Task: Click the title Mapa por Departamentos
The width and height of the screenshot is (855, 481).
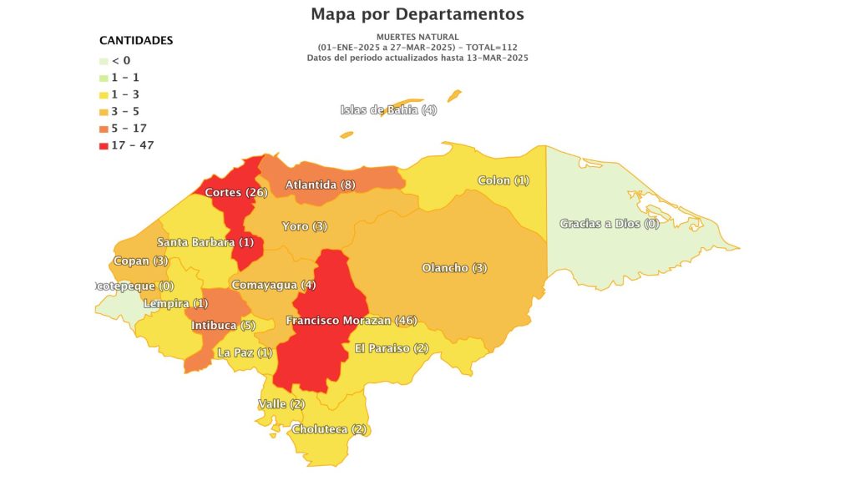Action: [x=417, y=14]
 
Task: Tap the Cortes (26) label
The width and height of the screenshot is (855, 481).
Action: [x=235, y=193]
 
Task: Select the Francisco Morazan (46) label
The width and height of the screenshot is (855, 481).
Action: [x=351, y=321]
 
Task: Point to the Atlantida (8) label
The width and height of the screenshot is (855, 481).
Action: [x=321, y=185]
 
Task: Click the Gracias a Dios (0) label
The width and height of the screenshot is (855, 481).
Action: [x=609, y=224]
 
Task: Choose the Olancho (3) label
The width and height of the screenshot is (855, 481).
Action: [x=454, y=268]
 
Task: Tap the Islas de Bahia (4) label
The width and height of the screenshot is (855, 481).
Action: [x=388, y=110]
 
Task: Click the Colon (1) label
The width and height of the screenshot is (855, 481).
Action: [x=503, y=180]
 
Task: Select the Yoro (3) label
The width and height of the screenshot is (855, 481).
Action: [x=304, y=226]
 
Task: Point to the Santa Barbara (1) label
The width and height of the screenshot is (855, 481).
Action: [x=205, y=242]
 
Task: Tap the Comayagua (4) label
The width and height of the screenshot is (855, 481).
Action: [x=273, y=285]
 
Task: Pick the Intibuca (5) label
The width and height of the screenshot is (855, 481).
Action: [x=223, y=325]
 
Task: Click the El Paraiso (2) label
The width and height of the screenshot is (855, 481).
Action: [x=392, y=347]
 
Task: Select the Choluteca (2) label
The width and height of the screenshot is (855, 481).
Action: [x=329, y=429]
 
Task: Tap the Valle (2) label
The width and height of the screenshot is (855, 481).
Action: [x=281, y=404]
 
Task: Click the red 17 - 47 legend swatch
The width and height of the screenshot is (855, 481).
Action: [x=104, y=145]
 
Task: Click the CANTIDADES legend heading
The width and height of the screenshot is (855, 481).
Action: [x=136, y=40]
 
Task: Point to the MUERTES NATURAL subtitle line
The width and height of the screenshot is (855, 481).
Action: [x=417, y=38]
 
